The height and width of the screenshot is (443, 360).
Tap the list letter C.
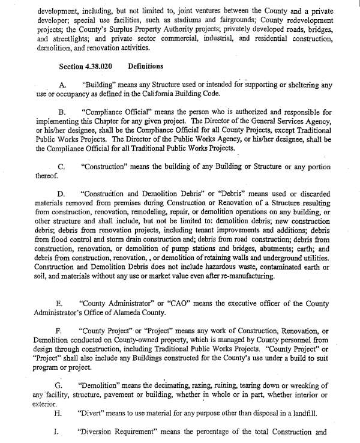pos(61,166)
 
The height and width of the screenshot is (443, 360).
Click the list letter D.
pos(61,194)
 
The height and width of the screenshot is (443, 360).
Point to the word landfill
pos(292,413)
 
